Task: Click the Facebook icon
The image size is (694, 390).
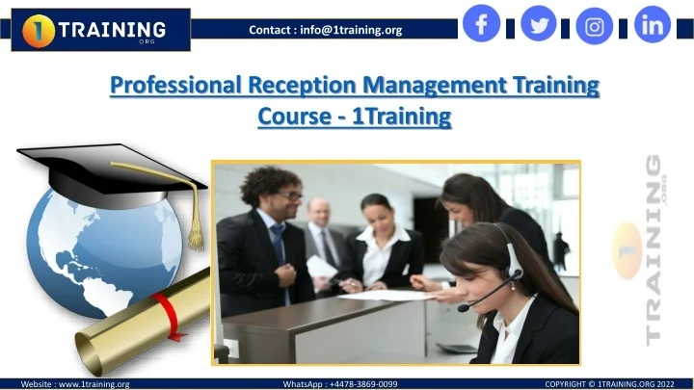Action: pos(481,24)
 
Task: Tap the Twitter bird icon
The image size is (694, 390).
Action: pos(538,24)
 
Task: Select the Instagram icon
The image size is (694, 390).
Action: pos(594,26)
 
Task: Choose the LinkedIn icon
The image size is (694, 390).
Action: pos(652,25)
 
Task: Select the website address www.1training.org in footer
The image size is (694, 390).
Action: pos(93,383)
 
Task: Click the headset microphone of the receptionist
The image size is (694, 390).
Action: pos(464,307)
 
